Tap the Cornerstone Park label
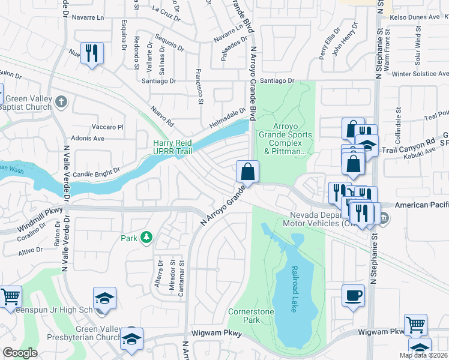click(251, 316)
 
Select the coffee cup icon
click(353, 295)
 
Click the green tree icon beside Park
click(145, 238)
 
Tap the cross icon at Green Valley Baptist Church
click(61, 101)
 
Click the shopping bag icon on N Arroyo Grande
click(247, 172)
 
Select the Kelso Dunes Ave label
click(415, 17)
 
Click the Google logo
click(20, 353)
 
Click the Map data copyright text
click(424, 355)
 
